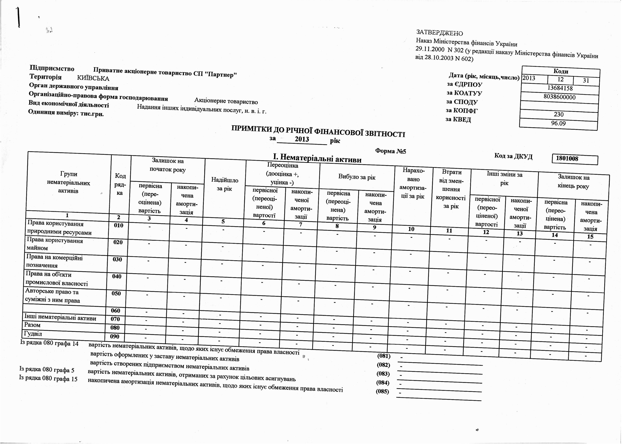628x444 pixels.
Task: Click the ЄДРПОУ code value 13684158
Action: click(560, 88)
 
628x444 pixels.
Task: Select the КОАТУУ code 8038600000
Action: click(559, 97)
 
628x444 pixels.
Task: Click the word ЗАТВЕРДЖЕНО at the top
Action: click(439, 33)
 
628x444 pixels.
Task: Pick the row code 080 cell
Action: click(115, 328)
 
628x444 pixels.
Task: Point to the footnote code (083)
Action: click(383, 374)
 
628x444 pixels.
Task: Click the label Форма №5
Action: click(391, 151)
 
